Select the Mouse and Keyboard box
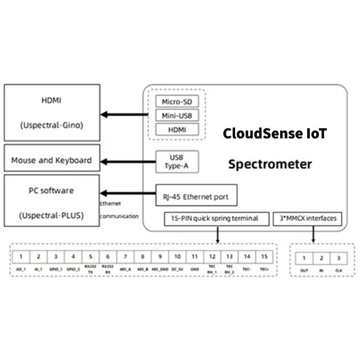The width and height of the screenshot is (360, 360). (x=51, y=160)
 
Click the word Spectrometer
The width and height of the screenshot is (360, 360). (x=270, y=165)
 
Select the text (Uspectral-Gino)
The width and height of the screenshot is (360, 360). (x=51, y=125)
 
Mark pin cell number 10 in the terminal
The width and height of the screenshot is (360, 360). (x=177, y=256)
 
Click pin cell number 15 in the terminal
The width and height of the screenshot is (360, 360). (x=264, y=256)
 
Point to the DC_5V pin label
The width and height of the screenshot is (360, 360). (x=177, y=269)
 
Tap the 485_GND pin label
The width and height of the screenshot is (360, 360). (x=160, y=269)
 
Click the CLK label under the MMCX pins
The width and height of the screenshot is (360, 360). (x=337, y=271)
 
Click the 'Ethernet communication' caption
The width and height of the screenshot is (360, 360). (x=119, y=209)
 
